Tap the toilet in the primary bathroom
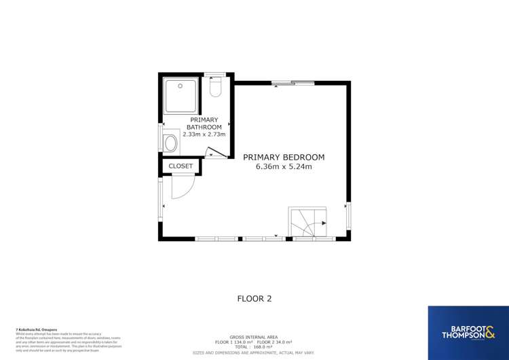point(216,88)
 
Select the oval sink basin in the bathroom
point(170,143)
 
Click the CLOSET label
point(181,166)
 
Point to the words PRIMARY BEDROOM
point(284,157)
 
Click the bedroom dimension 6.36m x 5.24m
point(284,167)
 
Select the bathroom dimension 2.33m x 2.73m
point(195,134)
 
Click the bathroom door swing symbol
point(216,153)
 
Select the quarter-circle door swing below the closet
point(182,187)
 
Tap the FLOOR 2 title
point(254,298)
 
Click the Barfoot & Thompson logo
point(468,332)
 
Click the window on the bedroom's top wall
point(293,83)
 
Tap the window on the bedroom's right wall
point(349,215)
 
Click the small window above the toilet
point(215,74)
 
